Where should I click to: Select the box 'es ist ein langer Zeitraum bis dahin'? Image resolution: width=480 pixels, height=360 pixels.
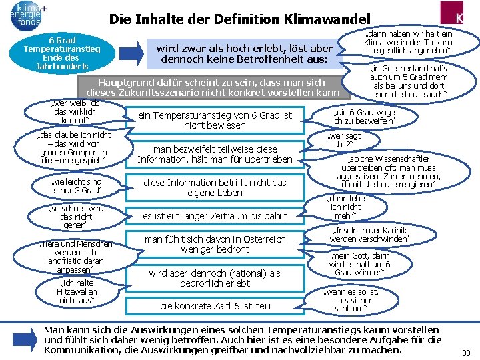tap(215, 215)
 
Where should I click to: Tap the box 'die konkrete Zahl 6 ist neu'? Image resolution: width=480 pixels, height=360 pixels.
tap(215, 306)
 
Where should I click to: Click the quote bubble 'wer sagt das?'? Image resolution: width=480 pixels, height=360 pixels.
tap(343, 140)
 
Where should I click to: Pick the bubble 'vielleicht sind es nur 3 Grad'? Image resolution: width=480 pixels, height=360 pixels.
tap(76, 186)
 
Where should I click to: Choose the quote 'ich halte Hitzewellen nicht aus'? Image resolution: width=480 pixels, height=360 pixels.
tap(76, 291)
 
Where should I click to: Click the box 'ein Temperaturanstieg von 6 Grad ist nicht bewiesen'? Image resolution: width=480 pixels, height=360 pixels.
tap(215, 121)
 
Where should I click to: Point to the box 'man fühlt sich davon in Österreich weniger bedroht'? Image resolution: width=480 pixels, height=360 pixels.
tap(215, 244)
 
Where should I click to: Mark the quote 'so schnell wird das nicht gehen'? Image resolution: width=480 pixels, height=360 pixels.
tap(76, 217)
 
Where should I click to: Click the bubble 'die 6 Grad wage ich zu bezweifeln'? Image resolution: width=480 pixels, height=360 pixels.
tap(363, 117)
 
